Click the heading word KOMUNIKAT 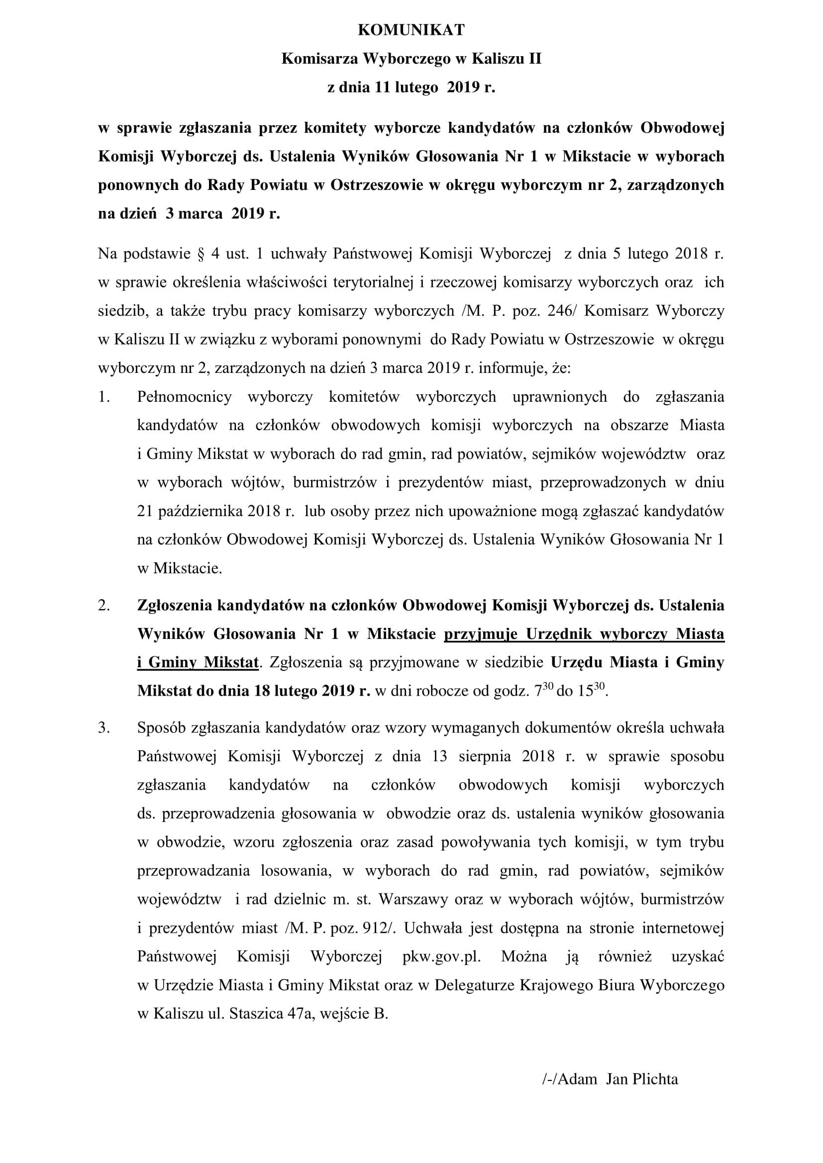click(x=411, y=30)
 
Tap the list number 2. click(x=104, y=605)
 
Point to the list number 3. click(x=104, y=728)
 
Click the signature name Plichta click(x=656, y=1079)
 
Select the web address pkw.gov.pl click(x=441, y=957)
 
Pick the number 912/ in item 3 click(x=380, y=928)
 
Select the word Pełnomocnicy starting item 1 click(x=184, y=397)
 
